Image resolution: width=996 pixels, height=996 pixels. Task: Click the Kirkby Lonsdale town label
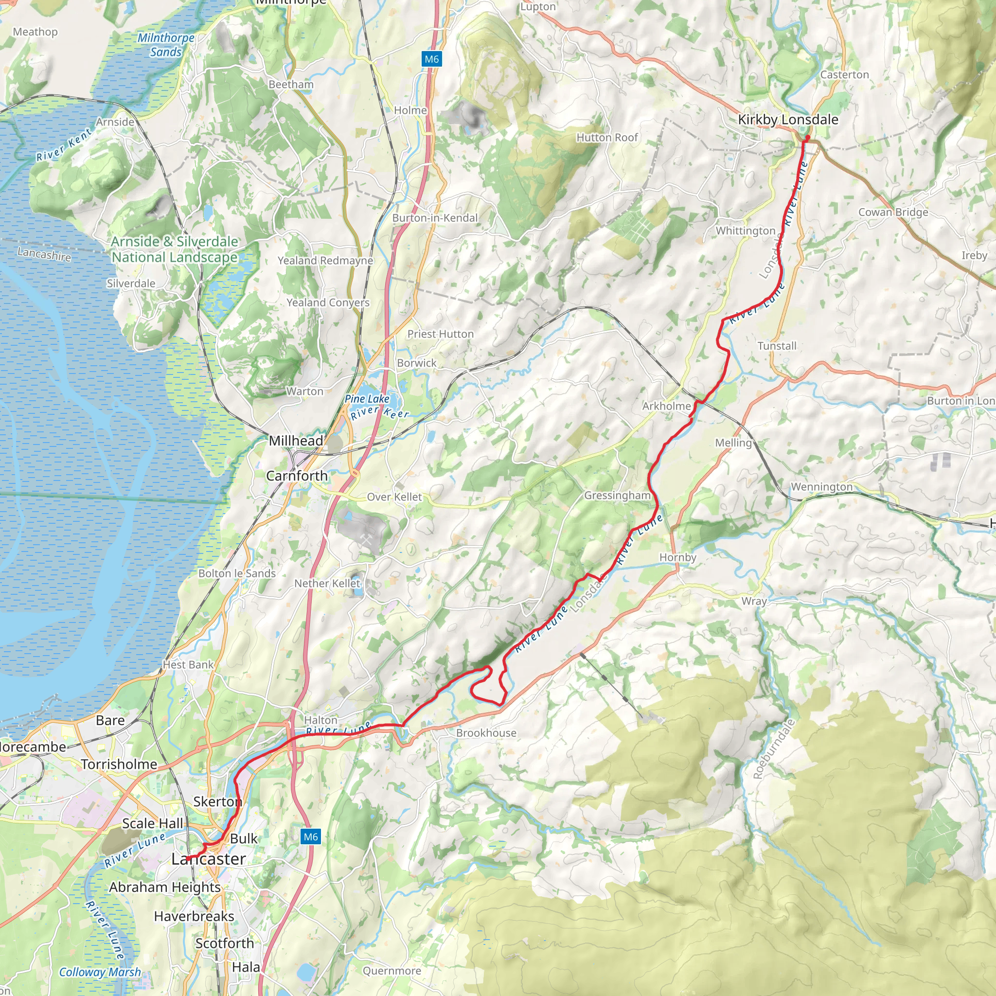point(788,120)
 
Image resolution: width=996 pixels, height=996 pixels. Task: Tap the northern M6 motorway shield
point(431,59)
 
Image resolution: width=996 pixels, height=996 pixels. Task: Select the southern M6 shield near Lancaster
point(310,836)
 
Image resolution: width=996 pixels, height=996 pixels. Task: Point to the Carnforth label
point(297,475)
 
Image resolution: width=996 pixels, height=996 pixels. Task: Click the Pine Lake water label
point(367,398)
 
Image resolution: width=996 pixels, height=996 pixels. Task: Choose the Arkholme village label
point(666,406)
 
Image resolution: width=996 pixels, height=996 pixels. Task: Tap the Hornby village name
point(677,557)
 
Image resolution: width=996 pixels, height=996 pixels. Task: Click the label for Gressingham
point(617,496)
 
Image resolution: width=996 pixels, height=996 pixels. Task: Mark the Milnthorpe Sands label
point(166,45)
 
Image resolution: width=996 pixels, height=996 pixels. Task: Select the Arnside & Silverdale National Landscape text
point(175,249)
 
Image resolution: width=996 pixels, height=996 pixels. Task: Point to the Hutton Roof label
point(607,138)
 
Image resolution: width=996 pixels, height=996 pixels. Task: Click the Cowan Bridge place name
point(893,212)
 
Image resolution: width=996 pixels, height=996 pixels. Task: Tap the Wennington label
point(821,487)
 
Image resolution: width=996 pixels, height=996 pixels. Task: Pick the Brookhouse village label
point(486,732)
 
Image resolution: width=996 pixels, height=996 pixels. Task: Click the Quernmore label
point(392,971)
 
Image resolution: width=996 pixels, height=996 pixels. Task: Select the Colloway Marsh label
point(100,972)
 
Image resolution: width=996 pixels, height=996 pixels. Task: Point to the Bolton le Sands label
point(237,573)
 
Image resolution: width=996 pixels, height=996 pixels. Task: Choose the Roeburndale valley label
point(774,748)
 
